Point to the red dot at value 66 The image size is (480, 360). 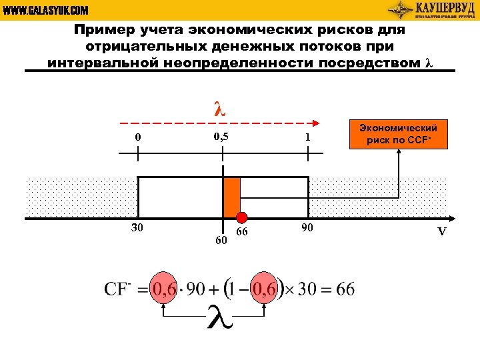click(x=242, y=217)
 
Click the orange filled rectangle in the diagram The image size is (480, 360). click(x=231, y=197)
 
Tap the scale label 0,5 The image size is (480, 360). click(x=221, y=137)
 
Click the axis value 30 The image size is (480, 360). click(x=137, y=228)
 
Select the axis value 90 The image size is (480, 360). click(x=307, y=228)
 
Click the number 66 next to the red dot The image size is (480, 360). click(x=242, y=231)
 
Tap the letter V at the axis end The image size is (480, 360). click(x=441, y=232)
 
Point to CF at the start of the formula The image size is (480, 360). click(x=117, y=289)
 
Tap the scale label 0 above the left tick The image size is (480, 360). click(x=138, y=137)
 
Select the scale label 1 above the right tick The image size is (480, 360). click(x=307, y=137)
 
